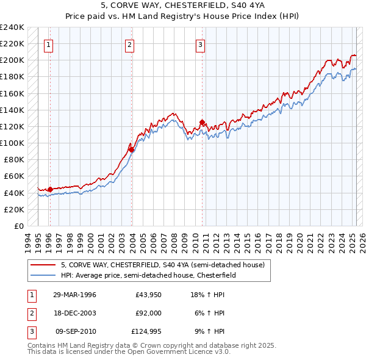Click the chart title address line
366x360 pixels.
(x=182, y=5)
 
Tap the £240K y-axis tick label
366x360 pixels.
(x=12, y=27)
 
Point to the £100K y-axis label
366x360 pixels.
(x=12, y=143)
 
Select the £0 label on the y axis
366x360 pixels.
(x=18, y=226)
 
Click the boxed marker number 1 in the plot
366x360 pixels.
(x=48, y=44)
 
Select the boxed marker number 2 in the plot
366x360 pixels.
(x=130, y=44)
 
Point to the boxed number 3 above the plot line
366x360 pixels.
(x=200, y=44)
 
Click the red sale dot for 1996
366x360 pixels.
(x=50, y=189)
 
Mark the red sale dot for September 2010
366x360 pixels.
(x=201, y=123)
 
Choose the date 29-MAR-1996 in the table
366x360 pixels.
(x=74, y=295)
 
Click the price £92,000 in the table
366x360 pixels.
(x=148, y=313)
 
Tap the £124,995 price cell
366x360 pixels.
(x=146, y=331)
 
